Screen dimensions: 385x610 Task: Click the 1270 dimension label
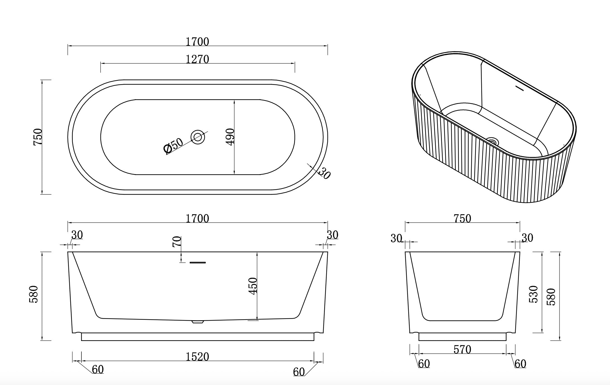(x=197, y=59)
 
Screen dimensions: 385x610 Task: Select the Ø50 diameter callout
(x=173, y=145)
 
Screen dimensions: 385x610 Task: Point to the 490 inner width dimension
(x=230, y=137)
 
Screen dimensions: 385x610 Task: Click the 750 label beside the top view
(x=38, y=137)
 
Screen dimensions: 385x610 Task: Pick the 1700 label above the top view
(x=197, y=42)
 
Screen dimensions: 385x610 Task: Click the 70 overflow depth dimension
(x=177, y=242)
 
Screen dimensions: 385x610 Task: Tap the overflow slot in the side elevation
(x=198, y=262)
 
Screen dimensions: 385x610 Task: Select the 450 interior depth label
(x=253, y=286)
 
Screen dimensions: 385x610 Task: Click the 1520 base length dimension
(x=197, y=357)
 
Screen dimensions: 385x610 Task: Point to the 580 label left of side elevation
(x=33, y=294)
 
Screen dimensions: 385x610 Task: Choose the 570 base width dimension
(x=462, y=349)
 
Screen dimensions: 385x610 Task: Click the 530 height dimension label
(x=533, y=294)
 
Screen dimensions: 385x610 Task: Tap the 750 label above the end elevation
(x=462, y=219)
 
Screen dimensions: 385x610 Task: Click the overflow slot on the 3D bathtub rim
(x=519, y=88)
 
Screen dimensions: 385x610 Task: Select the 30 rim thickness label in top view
(x=324, y=173)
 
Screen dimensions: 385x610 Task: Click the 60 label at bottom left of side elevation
(x=98, y=370)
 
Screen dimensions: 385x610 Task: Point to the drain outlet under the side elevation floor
(x=198, y=322)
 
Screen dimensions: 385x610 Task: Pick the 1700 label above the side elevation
(x=197, y=219)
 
